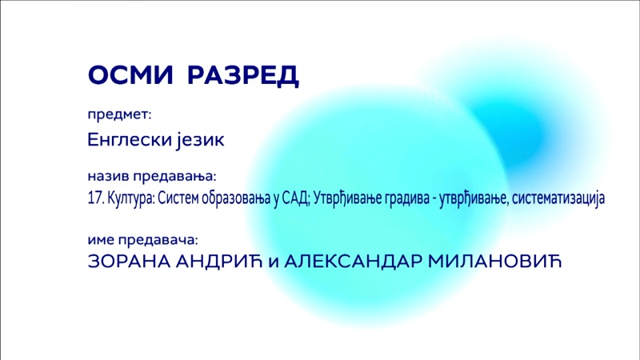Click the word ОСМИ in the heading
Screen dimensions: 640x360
click(130, 75)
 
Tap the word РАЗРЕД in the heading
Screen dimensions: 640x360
click(243, 76)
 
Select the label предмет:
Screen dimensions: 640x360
click(119, 114)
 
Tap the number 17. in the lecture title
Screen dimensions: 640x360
click(96, 198)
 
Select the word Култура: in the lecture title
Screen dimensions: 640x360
click(131, 198)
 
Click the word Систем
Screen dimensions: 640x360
click(178, 198)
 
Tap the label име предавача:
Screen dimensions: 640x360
click(142, 240)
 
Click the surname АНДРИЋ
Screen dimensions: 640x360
click(218, 262)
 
